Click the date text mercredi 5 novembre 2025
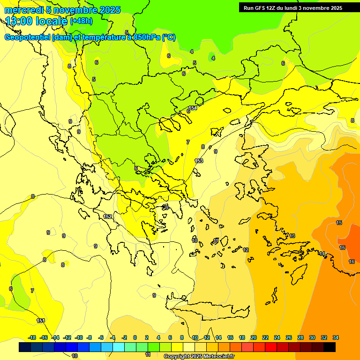click(63, 10)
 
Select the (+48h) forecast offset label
click(81, 21)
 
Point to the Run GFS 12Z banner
click(292, 7)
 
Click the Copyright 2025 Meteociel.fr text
click(200, 356)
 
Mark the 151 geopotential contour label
click(41, 321)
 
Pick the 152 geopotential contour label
click(107, 217)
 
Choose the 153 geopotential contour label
click(199, 161)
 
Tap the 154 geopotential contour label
click(193, 108)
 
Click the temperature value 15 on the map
click(339, 223)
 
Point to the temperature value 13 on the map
click(292, 236)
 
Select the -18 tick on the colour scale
click(32, 337)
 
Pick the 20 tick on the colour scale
click(254, 337)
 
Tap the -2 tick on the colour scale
click(124, 337)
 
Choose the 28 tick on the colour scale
click(300, 337)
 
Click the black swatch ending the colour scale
click(329, 347)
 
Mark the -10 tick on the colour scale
click(79, 337)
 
